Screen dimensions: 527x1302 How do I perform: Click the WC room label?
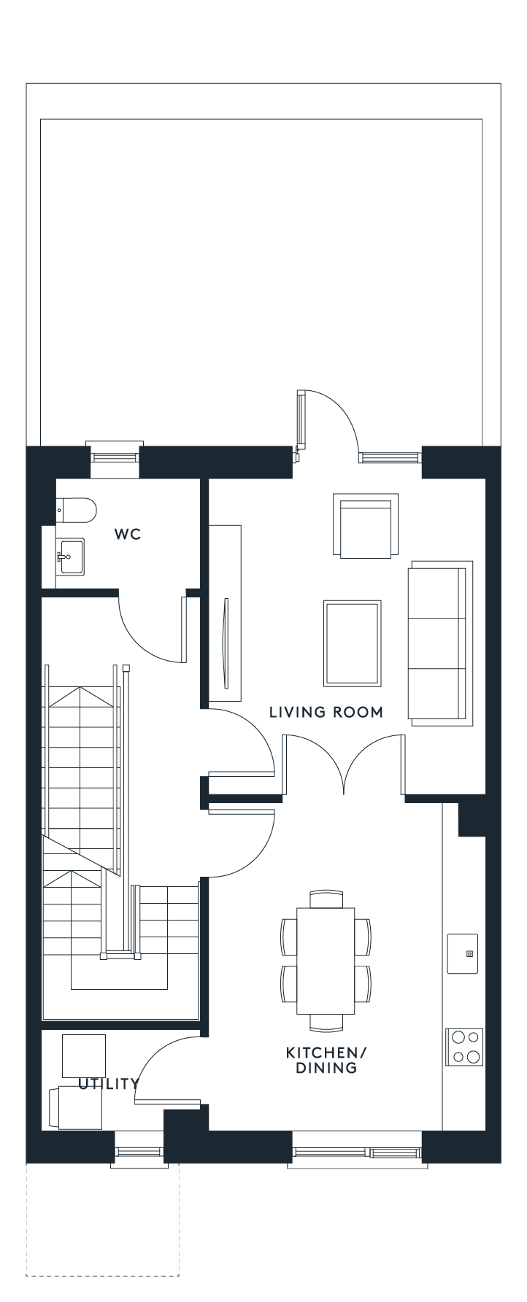pos(127,535)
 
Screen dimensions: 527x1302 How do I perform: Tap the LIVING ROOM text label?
pos(326,712)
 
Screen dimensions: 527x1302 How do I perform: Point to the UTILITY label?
pos(108,1083)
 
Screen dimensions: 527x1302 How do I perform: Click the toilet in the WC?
pos(76,511)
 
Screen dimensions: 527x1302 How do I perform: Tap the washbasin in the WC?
pos(70,557)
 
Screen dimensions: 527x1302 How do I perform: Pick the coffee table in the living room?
pos(353,643)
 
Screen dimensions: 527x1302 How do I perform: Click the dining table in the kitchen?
pos(326,961)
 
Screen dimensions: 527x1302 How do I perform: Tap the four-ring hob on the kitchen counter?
pos(465,1047)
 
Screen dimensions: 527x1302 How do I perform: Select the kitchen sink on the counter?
pos(463,953)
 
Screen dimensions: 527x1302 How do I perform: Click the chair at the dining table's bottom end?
pos(326,1023)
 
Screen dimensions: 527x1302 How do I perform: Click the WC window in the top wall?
pos(115,457)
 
